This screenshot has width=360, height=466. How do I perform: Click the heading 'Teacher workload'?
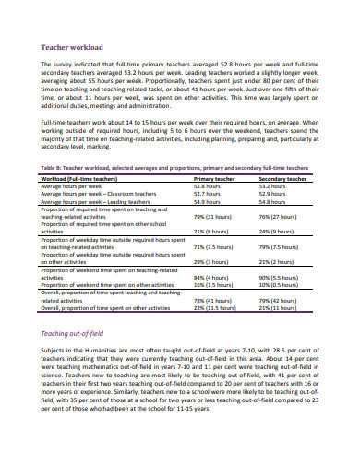(x=70, y=44)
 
